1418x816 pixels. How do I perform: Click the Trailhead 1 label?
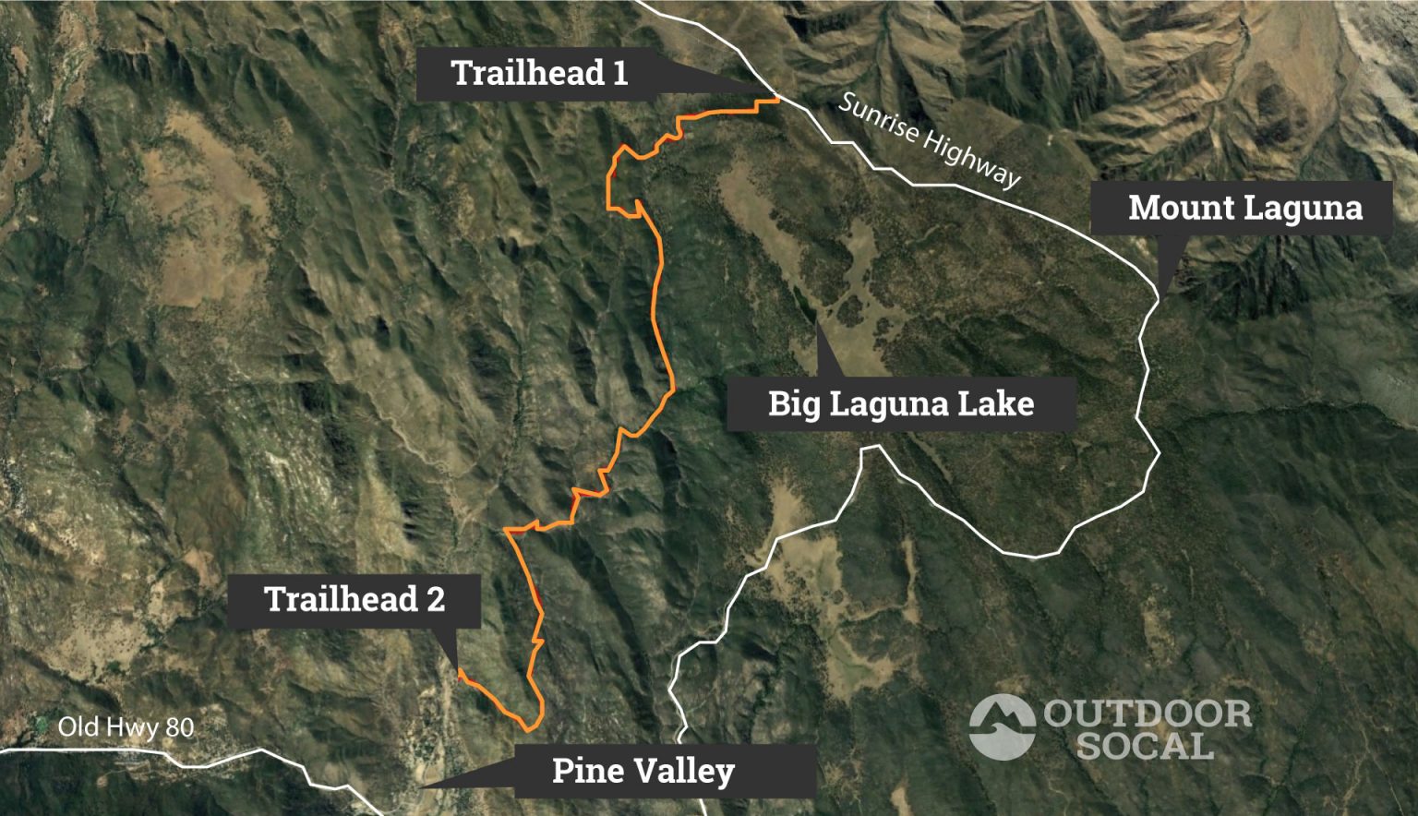(x=539, y=74)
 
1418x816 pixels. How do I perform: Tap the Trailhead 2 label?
(x=354, y=600)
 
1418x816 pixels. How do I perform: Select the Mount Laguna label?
(x=1244, y=208)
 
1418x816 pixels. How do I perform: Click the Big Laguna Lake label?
(x=900, y=403)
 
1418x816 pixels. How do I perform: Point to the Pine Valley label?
(x=643, y=771)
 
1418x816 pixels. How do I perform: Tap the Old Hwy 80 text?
(x=126, y=727)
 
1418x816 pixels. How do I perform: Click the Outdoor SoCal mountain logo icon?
(x=1002, y=726)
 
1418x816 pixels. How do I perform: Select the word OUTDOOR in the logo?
(x=1148, y=714)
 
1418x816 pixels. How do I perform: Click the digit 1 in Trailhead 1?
(x=619, y=74)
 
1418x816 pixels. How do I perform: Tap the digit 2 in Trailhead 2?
(x=435, y=600)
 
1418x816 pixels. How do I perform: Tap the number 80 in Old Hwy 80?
(x=181, y=727)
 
